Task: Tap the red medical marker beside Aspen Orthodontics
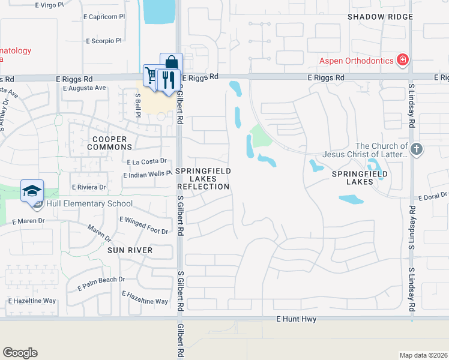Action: click(x=403, y=60)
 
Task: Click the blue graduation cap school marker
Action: click(x=32, y=191)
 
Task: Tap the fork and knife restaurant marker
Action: click(x=169, y=79)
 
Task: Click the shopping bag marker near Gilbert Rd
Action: click(x=172, y=63)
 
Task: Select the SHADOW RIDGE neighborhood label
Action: click(x=380, y=17)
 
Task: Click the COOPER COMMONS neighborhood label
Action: click(x=110, y=143)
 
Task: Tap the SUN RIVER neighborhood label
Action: click(x=130, y=250)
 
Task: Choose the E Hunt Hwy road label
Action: click(x=297, y=320)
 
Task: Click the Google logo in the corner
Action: click(x=20, y=353)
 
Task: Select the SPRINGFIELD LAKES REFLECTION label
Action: click(x=203, y=179)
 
